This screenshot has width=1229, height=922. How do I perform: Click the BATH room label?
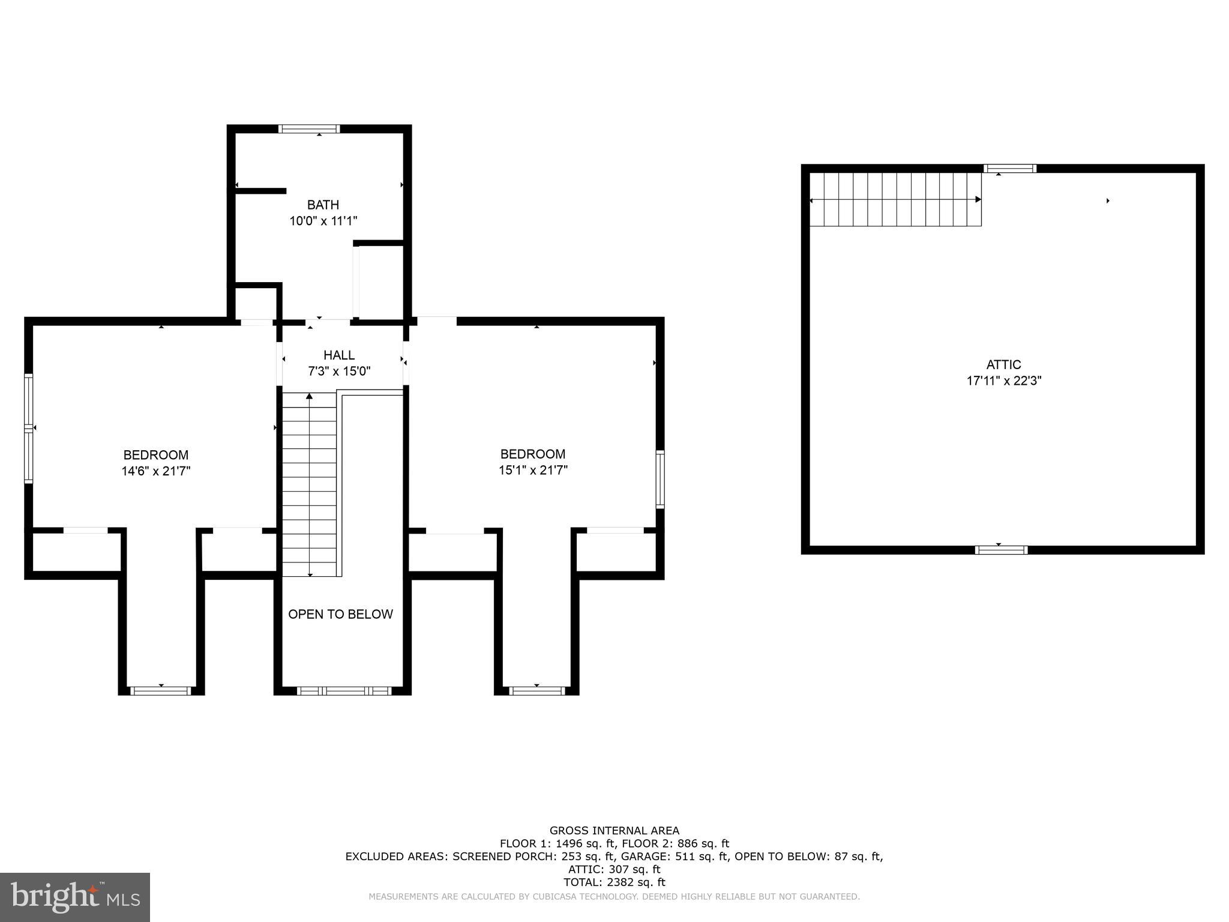point(323,205)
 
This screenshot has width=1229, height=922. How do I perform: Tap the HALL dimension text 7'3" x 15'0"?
point(339,372)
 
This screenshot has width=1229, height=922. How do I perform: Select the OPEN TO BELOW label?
point(340,614)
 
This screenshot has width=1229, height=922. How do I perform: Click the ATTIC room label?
point(1003,364)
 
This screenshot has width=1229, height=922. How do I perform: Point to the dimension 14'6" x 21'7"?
point(156,471)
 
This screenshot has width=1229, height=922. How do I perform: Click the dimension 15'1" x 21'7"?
point(533,470)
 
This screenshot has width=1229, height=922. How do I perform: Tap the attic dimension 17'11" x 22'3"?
point(1003,381)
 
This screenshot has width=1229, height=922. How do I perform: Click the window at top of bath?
point(310,128)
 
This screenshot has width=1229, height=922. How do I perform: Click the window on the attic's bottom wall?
point(1001,550)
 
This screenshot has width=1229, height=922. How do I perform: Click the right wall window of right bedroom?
point(660,480)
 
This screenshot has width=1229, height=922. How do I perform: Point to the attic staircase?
point(895,199)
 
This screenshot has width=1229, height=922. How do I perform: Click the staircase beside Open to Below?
point(310,484)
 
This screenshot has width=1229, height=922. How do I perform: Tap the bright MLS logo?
point(75,897)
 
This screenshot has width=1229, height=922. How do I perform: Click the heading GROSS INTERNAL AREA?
point(614,831)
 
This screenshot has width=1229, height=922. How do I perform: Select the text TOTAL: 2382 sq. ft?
point(614,882)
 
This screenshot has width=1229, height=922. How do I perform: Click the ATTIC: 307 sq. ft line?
point(614,869)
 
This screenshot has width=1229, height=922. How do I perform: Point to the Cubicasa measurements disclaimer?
point(614,897)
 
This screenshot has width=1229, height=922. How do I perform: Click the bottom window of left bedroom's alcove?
point(161,691)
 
